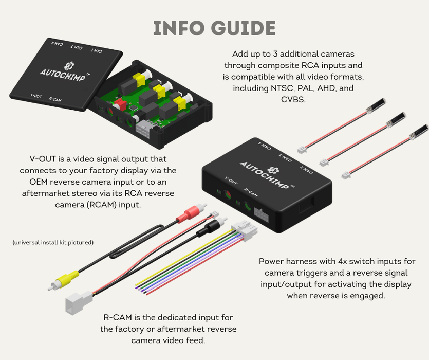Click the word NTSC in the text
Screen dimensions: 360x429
pyautogui.click(x=282, y=88)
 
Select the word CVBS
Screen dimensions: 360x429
pyautogui.click(x=293, y=100)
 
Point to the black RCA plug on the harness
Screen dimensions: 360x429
pyautogui.click(x=208, y=227)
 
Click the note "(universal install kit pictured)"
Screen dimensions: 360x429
pyautogui.click(x=53, y=242)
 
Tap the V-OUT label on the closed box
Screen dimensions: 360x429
pyautogui.click(x=230, y=181)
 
